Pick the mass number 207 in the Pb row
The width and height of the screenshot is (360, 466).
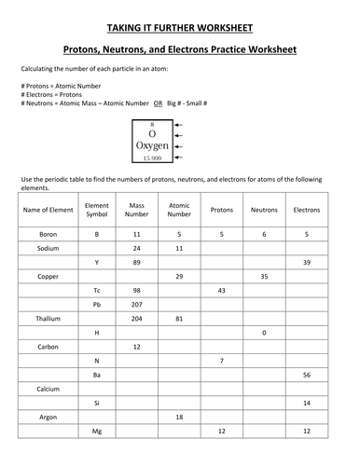(x=137, y=305)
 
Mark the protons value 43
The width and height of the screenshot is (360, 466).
(x=221, y=291)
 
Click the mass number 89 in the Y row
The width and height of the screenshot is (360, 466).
(x=137, y=263)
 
